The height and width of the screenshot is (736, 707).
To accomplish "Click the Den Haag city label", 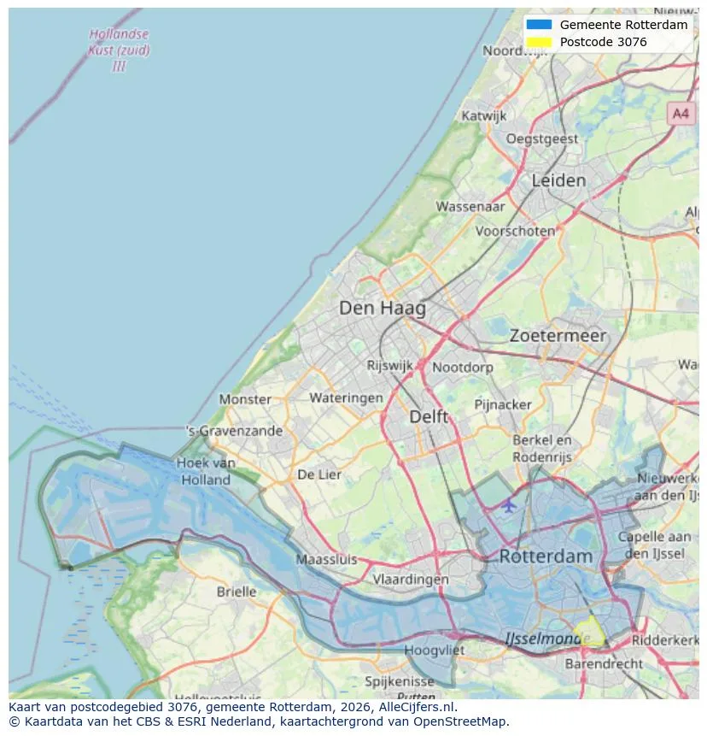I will click(382, 308).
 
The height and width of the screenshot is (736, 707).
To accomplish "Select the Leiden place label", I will click(558, 180).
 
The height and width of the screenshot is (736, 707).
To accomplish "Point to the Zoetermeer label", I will click(558, 336).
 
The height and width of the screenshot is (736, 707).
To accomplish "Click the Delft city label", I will click(429, 416).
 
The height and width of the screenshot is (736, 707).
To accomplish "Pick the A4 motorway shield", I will click(680, 113).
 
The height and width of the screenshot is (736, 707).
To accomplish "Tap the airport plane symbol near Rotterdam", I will click(509, 505).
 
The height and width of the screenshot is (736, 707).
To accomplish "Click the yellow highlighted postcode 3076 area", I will click(589, 633).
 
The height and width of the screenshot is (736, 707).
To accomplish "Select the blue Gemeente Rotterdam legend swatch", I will click(540, 25).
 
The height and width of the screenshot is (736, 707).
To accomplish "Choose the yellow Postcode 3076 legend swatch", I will click(540, 42).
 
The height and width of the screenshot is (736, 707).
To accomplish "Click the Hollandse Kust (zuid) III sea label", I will click(119, 50).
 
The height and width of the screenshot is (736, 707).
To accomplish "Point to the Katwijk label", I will click(483, 115).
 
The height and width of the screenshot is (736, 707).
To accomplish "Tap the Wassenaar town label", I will click(470, 206).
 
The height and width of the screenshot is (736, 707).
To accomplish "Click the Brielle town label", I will click(236, 592).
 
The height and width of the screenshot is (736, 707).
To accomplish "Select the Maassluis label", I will click(326, 560).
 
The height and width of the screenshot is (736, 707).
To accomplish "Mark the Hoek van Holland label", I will click(206, 471).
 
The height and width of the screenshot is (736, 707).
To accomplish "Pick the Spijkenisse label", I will click(399, 681).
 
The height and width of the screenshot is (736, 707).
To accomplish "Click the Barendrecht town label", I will click(604, 663).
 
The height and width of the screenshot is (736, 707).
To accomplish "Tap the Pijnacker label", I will click(503, 403).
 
